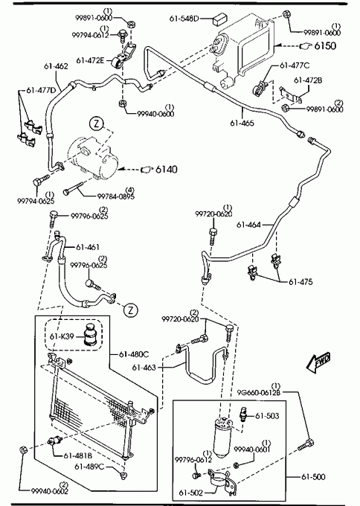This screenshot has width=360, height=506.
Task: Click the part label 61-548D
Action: (x=184, y=19)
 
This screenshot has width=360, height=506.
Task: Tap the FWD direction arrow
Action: (x=319, y=362)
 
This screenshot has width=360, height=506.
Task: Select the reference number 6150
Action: (x=325, y=46)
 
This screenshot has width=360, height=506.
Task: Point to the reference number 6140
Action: (x=166, y=169)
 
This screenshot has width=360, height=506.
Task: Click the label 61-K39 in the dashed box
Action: (x=62, y=336)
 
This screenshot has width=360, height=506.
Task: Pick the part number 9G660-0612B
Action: (x=259, y=392)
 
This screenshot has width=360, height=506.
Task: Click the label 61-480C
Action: (x=134, y=354)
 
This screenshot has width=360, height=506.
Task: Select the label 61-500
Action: (x=313, y=477)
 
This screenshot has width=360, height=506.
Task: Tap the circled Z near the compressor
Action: (x=97, y=124)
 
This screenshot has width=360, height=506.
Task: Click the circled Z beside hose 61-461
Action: (x=131, y=310)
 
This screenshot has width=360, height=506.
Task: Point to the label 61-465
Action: (x=242, y=123)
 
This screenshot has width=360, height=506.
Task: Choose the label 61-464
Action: (x=248, y=225)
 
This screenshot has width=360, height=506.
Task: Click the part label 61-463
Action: (x=144, y=368)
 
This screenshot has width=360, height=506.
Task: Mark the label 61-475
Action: (x=300, y=282)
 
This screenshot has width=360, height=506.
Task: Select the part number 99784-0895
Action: (x=116, y=196)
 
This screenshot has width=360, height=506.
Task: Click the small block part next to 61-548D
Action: (x=219, y=19)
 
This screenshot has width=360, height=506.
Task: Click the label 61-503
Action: (x=267, y=416)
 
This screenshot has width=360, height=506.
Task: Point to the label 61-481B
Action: (x=78, y=455)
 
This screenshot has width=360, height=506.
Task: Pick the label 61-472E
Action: (x=90, y=60)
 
